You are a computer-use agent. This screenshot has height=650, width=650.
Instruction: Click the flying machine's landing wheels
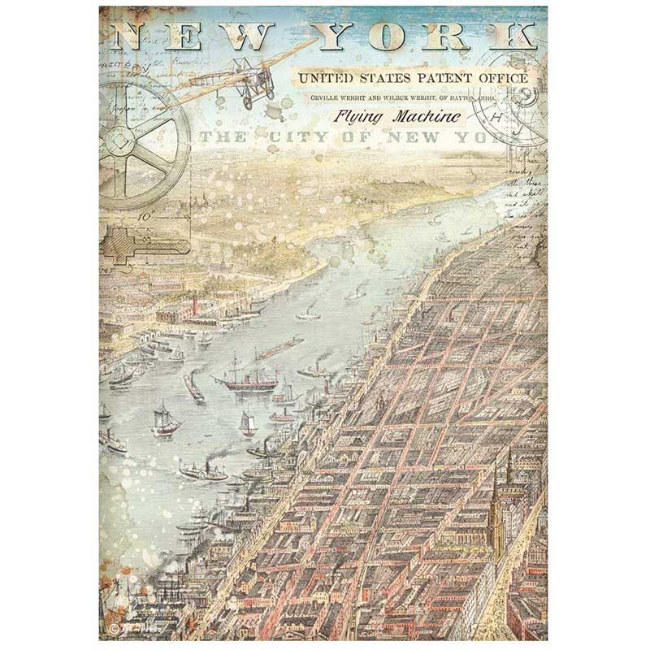[x=248, y=100]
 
